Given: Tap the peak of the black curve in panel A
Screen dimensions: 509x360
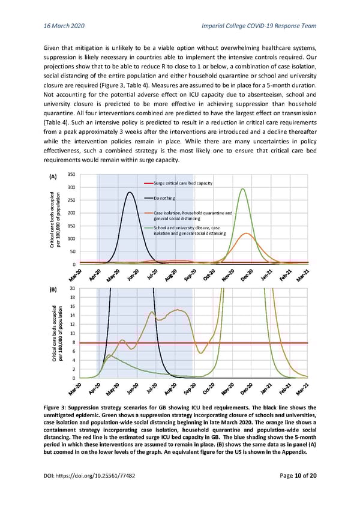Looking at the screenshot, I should [x=129, y=193].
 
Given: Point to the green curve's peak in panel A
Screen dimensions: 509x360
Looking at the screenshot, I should [x=242, y=189].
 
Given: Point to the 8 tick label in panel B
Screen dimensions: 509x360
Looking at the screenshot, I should [x=73, y=342].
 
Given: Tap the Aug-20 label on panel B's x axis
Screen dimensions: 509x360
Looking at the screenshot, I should [x=170, y=390].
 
